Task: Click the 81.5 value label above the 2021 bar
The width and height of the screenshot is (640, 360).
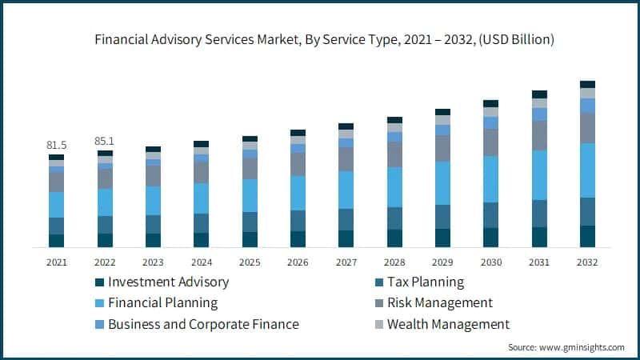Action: (57, 145)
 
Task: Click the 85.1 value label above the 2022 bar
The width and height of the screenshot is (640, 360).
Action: (105, 142)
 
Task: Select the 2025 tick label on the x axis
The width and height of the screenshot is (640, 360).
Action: (250, 262)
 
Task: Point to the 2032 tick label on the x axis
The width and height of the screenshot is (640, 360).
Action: (588, 262)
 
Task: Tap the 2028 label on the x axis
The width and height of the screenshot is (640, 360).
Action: (395, 262)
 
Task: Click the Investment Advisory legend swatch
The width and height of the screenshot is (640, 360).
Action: (100, 282)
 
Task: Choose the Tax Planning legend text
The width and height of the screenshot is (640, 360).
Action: (426, 282)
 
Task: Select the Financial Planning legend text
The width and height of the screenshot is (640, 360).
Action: (163, 303)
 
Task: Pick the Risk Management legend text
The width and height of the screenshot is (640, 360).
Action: (439, 303)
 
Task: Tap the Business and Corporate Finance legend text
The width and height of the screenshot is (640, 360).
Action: (203, 324)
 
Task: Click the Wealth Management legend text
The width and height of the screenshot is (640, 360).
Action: (448, 324)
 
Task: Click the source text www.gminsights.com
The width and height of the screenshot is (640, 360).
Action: (582, 347)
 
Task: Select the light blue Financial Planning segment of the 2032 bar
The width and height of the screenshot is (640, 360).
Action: (588, 170)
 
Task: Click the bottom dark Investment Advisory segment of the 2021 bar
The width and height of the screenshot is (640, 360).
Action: (57, 240)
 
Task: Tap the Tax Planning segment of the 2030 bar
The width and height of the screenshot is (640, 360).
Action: (491, 215)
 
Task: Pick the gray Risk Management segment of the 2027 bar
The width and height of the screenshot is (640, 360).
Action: (346, 159)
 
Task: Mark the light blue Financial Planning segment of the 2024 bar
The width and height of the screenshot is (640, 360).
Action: (202, 198)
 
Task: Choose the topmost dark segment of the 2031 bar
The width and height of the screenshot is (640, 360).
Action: (540, 94)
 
